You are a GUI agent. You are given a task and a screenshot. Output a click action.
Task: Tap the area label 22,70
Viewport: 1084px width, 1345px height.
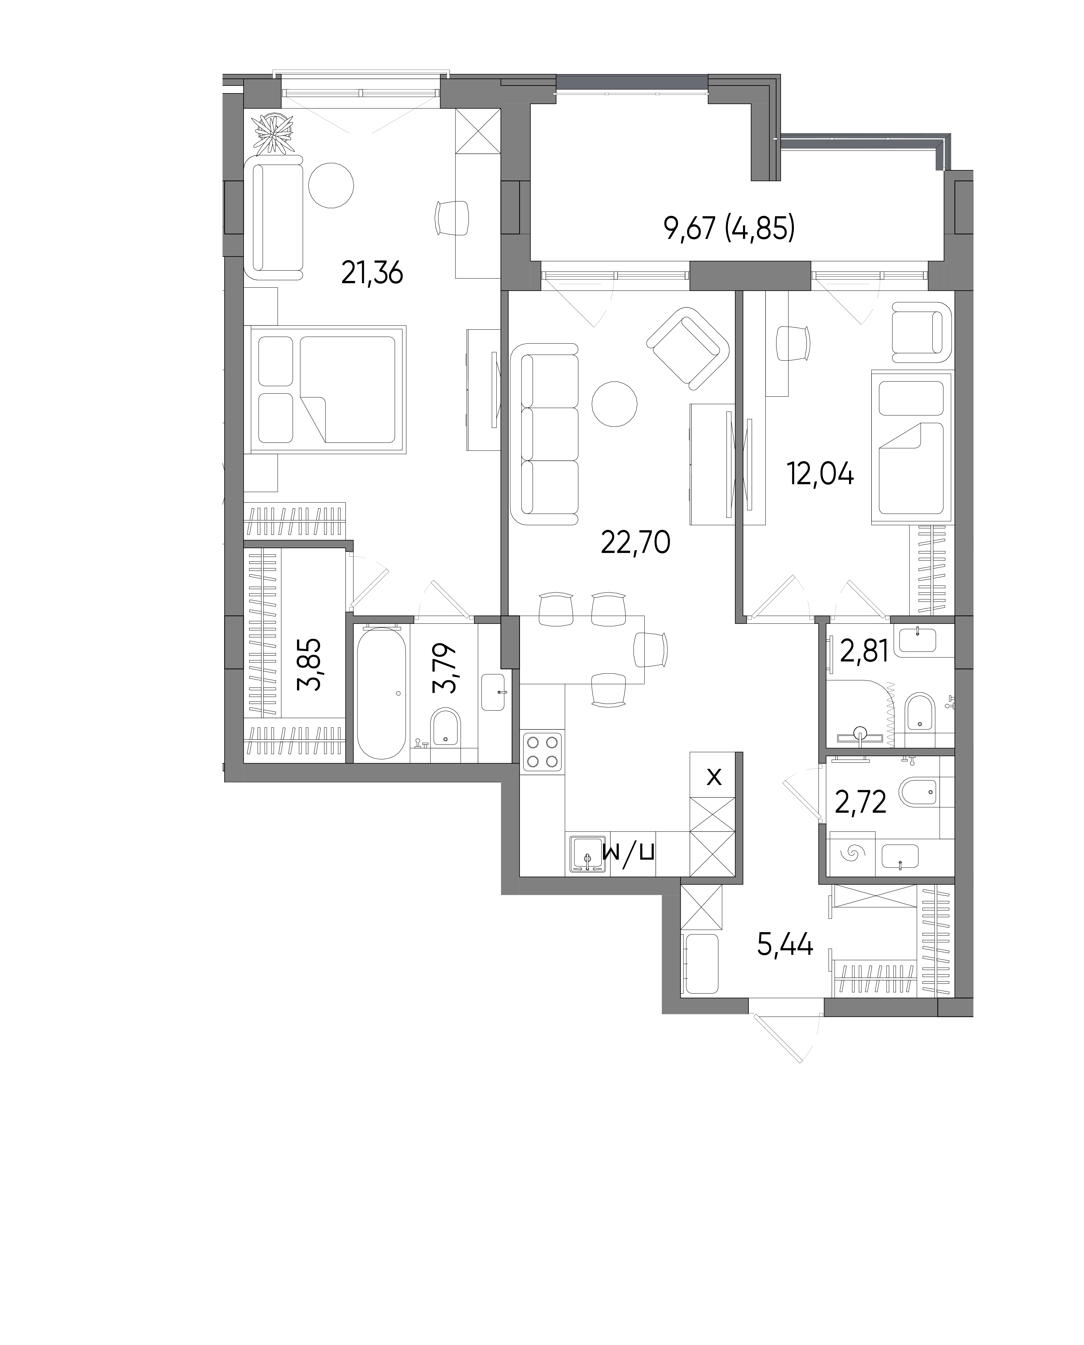(636, 542)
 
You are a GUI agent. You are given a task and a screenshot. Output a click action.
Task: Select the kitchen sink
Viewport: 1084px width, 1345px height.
(587, 854)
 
